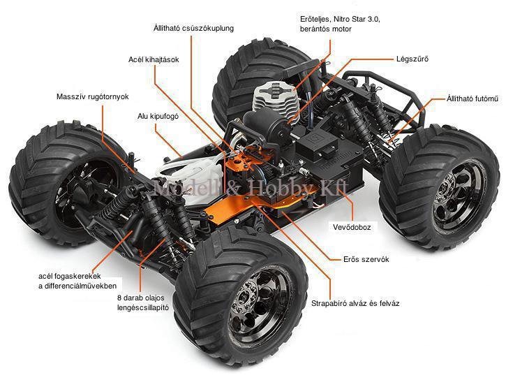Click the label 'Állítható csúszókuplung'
click(193, 28)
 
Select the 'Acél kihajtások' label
click(154, 59)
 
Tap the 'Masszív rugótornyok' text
click(92, 96)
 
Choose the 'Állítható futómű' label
click(472, 98)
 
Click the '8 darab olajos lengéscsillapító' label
click(142, 302)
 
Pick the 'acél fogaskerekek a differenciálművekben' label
click(77, 281)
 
